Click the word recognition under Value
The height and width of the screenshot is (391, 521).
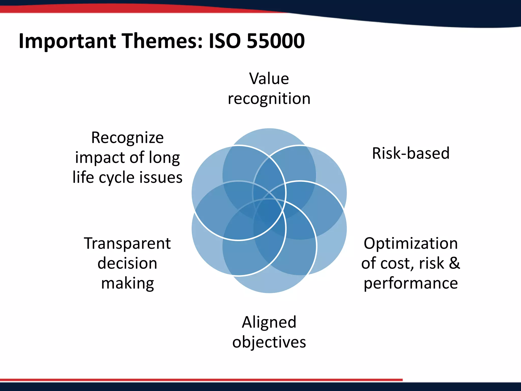pos(269,99)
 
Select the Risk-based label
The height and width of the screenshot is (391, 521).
pos(411,153)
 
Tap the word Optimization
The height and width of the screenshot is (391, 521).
pos(411,243)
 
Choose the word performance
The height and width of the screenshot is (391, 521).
pos(411,283)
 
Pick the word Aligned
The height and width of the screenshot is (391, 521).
pos(269,322)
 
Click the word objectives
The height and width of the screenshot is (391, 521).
pos(269,342)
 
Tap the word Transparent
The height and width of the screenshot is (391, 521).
pos(127,243)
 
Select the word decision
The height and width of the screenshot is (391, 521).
pos(127,263)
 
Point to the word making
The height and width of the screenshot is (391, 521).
pos(127,284)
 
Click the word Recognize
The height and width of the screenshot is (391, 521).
pos(127,138)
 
